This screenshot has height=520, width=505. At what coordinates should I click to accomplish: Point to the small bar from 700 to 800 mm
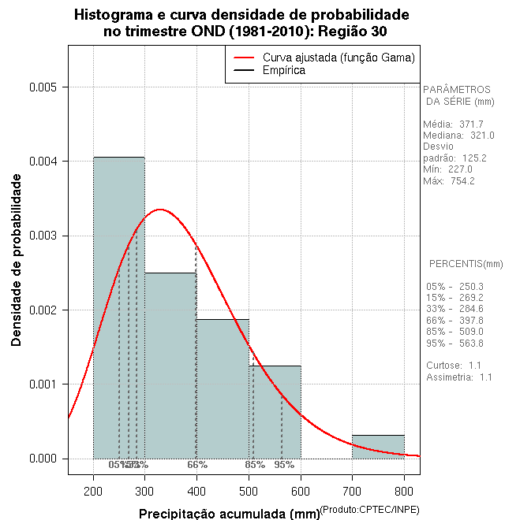tap(378, 447)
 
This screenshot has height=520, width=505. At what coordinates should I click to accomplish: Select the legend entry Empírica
tap(284, 71)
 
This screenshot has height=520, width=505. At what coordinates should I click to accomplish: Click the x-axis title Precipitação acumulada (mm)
tap(230, 514)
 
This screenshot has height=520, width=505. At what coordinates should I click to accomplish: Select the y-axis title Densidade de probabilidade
tap(17, 260)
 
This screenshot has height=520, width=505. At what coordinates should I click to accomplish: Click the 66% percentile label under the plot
tap(197, 465)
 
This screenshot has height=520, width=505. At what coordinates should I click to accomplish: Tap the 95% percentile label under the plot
tap(284, 465)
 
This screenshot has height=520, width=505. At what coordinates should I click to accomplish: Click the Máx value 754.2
tap(461, 180)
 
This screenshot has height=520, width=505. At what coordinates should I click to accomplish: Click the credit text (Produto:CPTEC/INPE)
tap(369, 510)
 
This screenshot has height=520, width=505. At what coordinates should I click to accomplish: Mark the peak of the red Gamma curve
tap(160, 210)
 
